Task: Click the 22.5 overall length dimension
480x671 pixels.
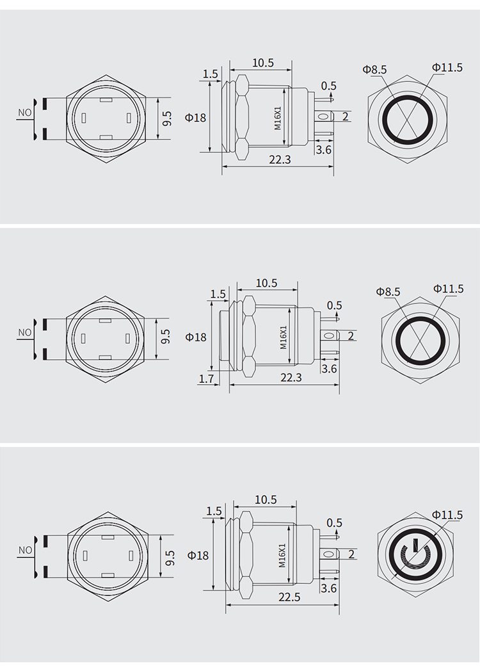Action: [x=289, y=597]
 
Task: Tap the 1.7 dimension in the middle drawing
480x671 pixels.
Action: [x=207, y=378]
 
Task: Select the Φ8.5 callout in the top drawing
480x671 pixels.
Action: [x=375, y=69]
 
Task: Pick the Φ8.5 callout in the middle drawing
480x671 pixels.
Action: [x=388, y=291]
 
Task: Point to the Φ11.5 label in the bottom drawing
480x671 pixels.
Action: [x=447, y=514]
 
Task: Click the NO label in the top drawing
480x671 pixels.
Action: [x=25, y=113]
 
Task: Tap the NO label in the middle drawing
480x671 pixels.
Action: [x=25, y=332]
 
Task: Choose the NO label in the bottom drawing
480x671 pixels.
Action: [x=26, y=551]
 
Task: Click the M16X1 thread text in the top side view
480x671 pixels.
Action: [x=278, y=118]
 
